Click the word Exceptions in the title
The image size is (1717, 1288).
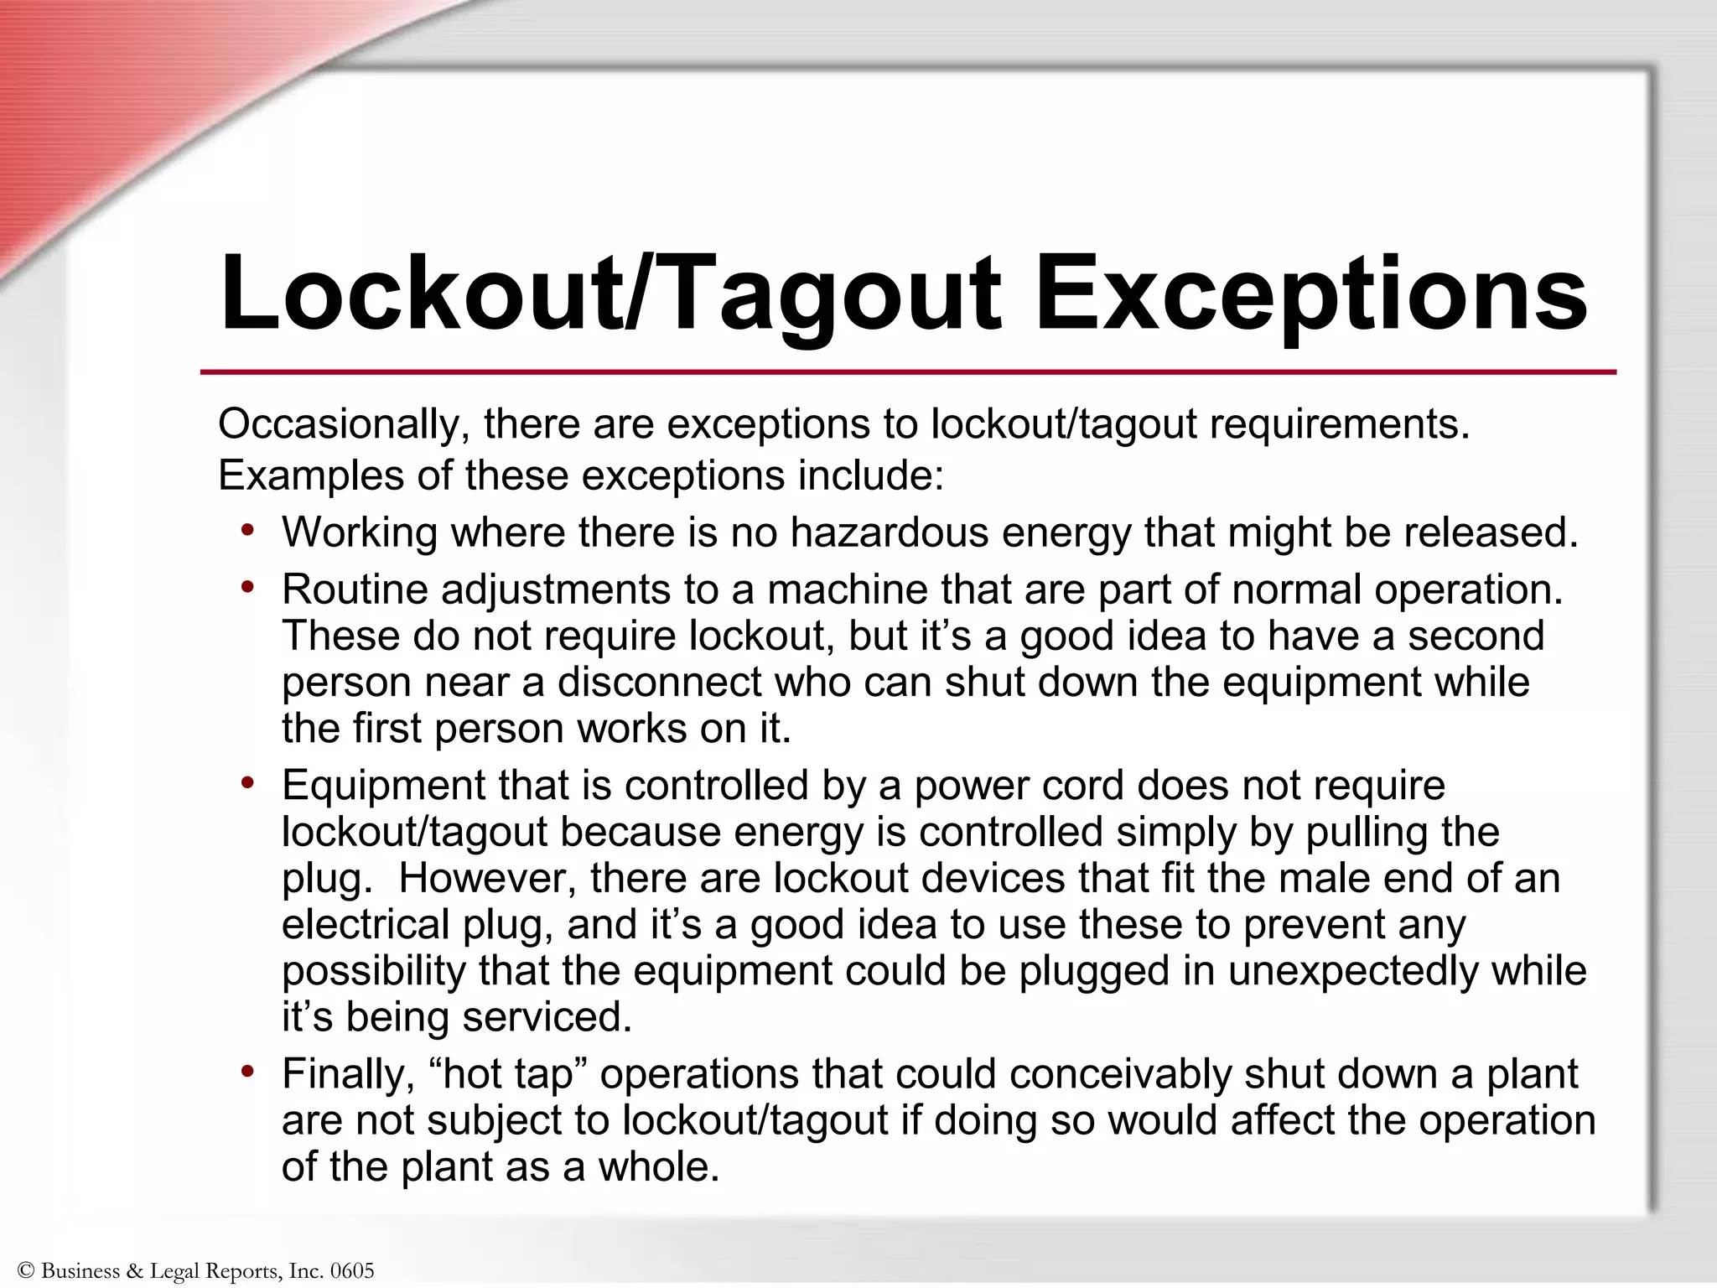[1311, 293]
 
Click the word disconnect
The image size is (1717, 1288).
[659, 682]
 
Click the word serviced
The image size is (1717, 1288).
[547, 1017]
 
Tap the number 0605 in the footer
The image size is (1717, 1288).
[352, 1271]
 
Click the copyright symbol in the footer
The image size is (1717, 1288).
[25, 1271]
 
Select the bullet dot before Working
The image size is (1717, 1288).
[247, 530]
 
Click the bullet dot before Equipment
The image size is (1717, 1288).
[247, 783]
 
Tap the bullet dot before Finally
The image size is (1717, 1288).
[247, 1072]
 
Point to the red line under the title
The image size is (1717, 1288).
[907, 371]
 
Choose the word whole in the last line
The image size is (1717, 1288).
[658, 1166]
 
